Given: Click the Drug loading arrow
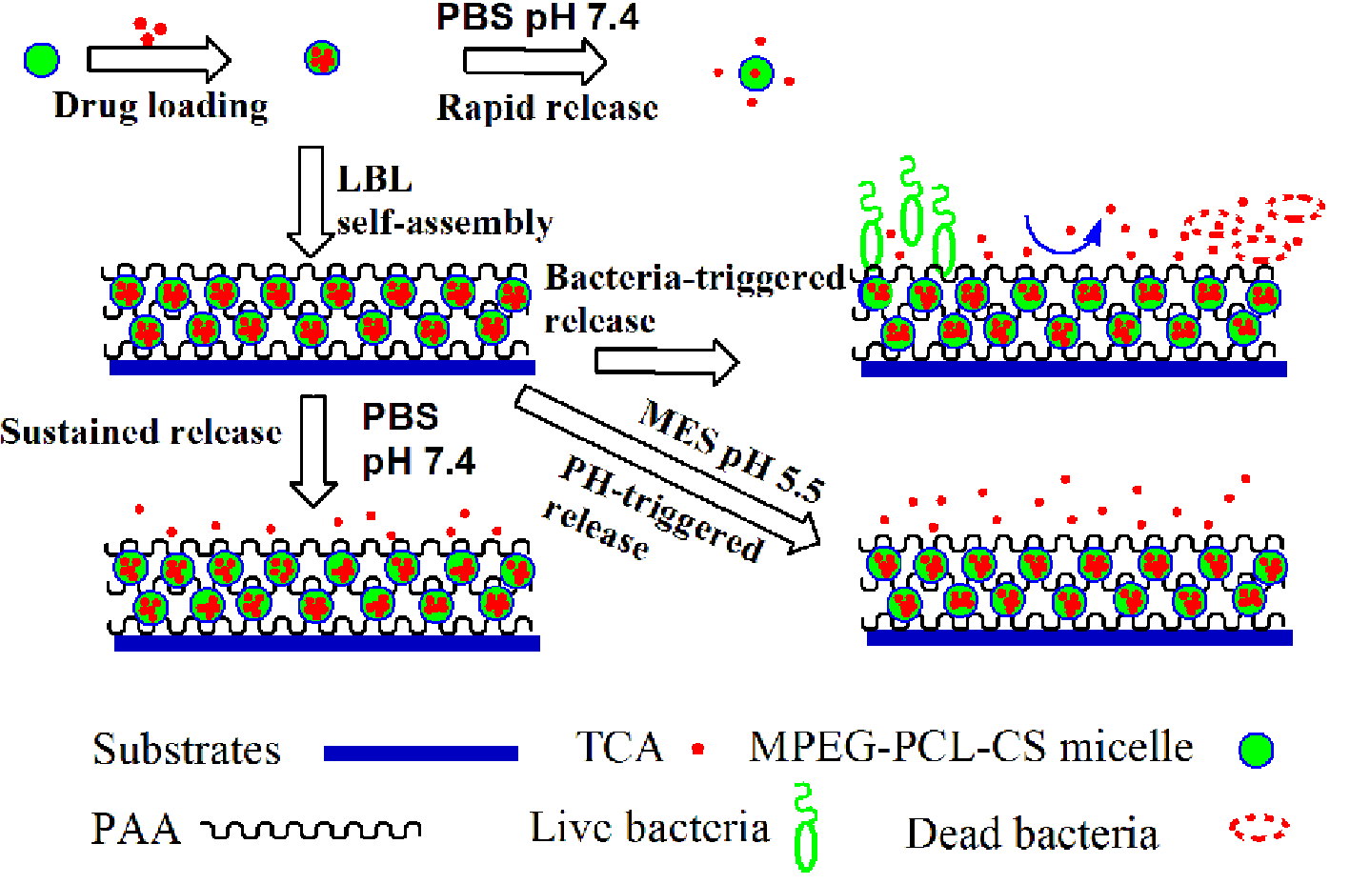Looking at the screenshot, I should pos(158,59).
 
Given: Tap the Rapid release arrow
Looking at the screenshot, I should pos(534,61).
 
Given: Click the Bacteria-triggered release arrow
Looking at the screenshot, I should pos(666,362).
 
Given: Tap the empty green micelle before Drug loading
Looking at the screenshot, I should pos(41,59).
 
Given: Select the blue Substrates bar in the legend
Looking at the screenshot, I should pos(420,753).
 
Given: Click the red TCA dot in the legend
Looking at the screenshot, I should pos(698,750).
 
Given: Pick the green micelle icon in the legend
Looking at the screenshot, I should pos(1256,751).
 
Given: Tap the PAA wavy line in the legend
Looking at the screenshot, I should pos(312,830).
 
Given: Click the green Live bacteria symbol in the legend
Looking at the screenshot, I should pos(806,828).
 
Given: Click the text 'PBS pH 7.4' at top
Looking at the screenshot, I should pos(537,17).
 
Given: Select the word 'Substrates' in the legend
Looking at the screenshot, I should pos(187,751).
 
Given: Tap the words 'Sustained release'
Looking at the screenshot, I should pos(141,432).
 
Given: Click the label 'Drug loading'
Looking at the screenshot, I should pos(161,106).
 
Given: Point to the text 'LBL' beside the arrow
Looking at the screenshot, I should pos(375,179).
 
